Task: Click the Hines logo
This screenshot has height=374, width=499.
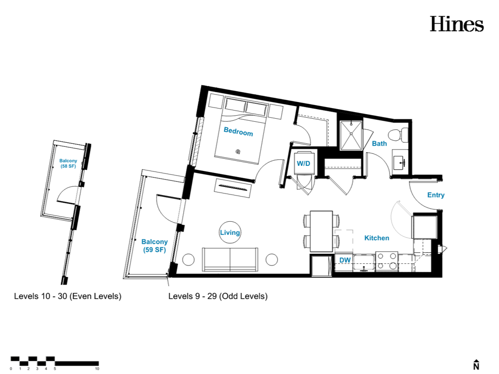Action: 457,24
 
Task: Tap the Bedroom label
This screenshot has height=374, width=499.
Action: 238,131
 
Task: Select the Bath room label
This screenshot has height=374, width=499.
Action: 380,144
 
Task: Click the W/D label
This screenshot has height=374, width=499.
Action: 303,163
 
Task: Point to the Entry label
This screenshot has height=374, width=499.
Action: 436,195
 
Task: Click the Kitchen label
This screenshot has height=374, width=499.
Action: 377,238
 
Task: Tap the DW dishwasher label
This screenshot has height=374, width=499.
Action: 345,260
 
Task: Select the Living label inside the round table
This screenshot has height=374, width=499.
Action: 230,233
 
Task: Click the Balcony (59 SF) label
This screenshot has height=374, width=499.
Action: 154,246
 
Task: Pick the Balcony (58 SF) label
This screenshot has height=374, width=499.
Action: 68,163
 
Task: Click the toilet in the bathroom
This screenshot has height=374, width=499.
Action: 399,135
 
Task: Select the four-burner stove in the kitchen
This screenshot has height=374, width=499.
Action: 387,261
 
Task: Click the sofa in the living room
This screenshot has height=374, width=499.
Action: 230,259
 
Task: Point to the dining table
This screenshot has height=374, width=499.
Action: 321,231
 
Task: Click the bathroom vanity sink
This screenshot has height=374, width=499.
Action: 400,162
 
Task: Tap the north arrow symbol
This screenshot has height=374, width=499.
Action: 476,365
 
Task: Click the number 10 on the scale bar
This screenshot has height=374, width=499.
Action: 97,369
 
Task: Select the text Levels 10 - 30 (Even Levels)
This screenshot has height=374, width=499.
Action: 67,296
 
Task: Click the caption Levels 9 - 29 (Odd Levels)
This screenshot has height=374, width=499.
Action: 218,296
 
